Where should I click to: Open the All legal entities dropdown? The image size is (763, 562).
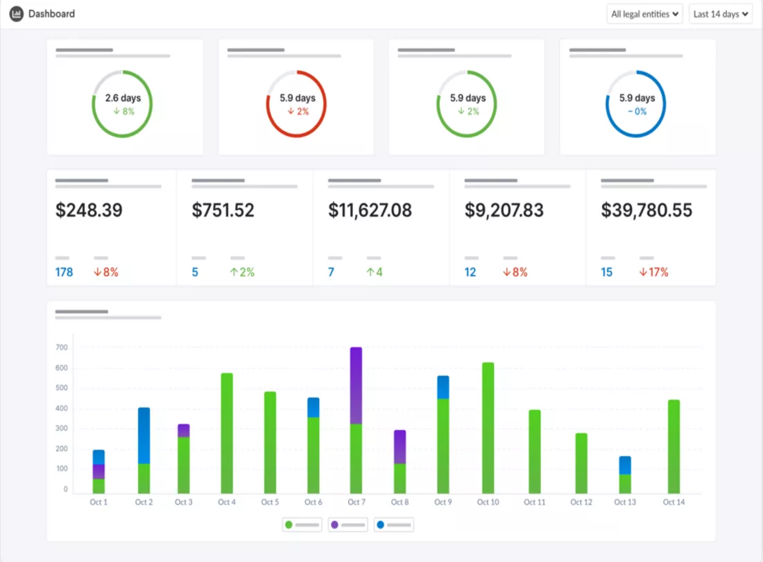coord(644,14)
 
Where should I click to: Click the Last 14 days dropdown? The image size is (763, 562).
coord(721,14)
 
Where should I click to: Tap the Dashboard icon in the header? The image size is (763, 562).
coord(16,14)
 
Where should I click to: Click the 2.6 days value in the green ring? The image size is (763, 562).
coord(123,98)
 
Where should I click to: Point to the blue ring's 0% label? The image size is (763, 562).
coord(637,112)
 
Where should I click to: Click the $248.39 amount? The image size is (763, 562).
coord(89,210)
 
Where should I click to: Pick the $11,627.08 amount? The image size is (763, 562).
coord(370,210)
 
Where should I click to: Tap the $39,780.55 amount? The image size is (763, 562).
coord(646,210)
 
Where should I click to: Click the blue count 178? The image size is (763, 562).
coord(65,272)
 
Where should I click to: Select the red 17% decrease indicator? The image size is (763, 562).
coord(653,272)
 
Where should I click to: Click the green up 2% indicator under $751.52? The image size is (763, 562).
coord(242,272)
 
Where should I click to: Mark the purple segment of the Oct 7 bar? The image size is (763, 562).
coord(357,385)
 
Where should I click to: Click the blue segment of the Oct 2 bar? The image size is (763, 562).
coord(144,436)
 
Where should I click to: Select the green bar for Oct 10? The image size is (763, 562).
coord(488,428)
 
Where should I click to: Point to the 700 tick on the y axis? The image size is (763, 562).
coord(62,348)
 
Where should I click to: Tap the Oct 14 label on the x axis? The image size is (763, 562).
coord(674,502)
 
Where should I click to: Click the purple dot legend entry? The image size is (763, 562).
coord(348,525)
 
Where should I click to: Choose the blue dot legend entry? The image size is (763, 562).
coord(394,525)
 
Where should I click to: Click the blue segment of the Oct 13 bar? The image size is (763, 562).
coord(625,465)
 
